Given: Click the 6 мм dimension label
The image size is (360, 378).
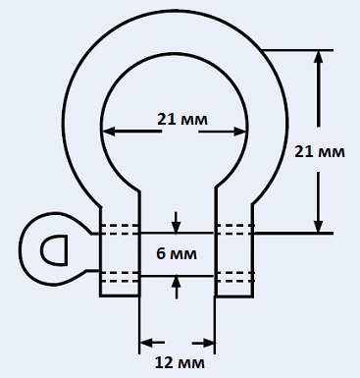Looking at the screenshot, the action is (177, 254).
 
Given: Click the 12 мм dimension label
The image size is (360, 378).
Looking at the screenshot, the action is (180, 363).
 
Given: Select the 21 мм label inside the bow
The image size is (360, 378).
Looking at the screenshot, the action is (182, 120).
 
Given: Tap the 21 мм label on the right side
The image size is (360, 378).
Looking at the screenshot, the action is (320, 152).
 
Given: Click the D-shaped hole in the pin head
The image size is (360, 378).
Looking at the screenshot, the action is (54, 249).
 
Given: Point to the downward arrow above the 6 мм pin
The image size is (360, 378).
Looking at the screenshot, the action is (177, 223).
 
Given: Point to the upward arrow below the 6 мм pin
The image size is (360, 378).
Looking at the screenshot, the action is (177, 288).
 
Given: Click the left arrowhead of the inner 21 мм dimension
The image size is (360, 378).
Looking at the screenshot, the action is (109, 132).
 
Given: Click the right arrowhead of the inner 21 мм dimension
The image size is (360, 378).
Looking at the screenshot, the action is (239, 132).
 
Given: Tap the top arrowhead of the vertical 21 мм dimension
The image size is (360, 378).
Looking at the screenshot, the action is (318, 57).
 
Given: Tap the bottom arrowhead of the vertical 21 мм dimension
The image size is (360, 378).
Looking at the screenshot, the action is (318, 226).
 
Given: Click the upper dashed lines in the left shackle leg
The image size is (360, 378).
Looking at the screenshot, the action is (120, 230).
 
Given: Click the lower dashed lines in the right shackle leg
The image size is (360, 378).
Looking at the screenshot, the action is (234, 277).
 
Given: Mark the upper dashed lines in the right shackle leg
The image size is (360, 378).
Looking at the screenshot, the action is (234, 230).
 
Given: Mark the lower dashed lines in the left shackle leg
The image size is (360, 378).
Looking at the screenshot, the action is (120, 277).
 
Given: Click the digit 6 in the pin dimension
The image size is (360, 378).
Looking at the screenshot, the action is (160, 254).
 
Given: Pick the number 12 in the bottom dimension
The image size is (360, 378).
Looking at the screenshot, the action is (163, 363).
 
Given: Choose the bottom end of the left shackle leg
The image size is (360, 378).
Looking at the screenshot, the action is (120, 296).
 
